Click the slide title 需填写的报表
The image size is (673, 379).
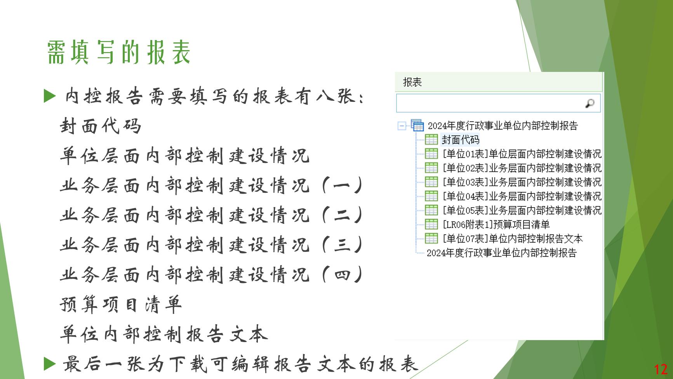tap(119, 52)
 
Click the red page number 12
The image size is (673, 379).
tap(661, 369)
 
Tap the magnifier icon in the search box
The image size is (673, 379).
tap(590, 103)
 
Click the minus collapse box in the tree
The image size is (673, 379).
tap(402, 126)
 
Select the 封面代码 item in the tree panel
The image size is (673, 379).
tap(460, 140)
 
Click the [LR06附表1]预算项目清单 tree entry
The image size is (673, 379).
tap(496, 224)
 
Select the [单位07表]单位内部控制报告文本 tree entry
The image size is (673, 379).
tap(513, 238)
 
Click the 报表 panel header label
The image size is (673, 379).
tap(412, 82)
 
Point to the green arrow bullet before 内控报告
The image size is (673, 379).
tap(50, 96)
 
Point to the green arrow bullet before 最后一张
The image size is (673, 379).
tap(50, 363)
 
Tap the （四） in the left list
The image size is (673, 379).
tap(342, 274)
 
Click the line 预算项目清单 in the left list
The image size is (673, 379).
tap(121, 304)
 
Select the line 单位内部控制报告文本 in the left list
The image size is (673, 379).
tap(164, 334)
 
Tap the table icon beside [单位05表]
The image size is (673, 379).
tap(431, 210)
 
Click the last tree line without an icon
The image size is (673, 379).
tap(502, 253)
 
